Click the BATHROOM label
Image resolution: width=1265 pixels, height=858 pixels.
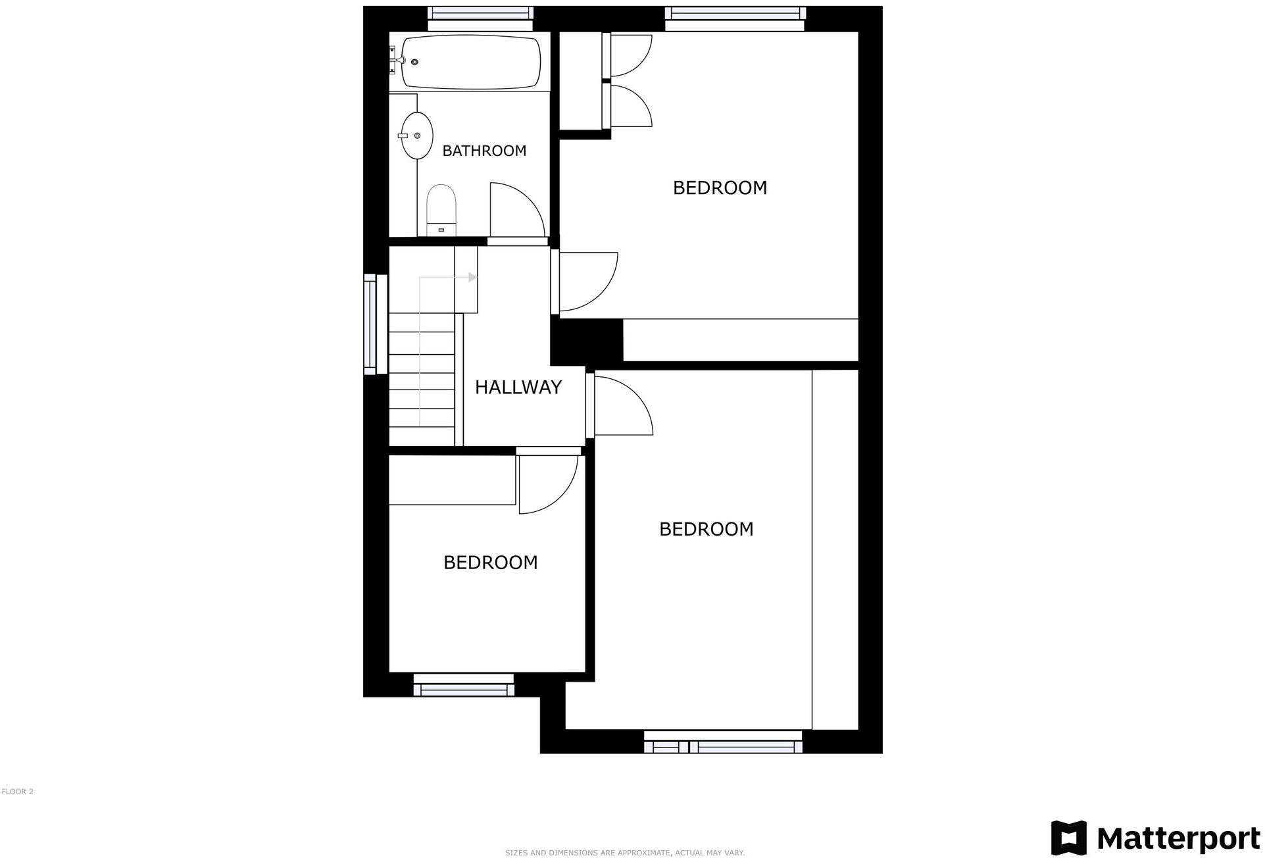484,151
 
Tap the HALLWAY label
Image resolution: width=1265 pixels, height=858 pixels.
518,387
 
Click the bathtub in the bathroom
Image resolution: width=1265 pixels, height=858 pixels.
471,62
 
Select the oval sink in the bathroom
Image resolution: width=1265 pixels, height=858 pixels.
417,136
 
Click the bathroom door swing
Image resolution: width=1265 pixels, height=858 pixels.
516,209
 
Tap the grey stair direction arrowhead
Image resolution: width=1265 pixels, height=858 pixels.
472,278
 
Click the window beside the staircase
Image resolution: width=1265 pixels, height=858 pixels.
376,324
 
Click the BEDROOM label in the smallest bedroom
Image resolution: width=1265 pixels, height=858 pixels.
490,563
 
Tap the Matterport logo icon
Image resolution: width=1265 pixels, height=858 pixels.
1069,838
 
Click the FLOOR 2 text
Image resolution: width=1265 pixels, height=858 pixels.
18,792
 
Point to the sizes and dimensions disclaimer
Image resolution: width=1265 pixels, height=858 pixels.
624,853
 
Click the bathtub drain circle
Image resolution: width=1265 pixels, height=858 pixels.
414,62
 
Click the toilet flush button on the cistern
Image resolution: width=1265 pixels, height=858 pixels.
441,230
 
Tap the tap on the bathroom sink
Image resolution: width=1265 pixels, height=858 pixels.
403,136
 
